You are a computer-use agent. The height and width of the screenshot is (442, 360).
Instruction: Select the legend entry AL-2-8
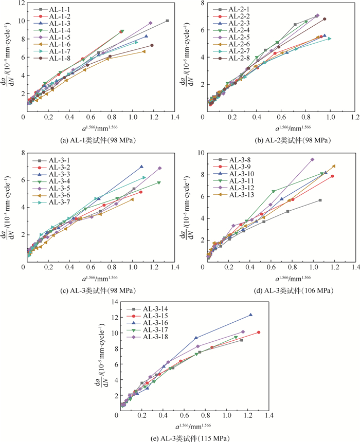(x=228, y=58)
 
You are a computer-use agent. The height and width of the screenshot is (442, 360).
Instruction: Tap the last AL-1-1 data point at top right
(x=167, y=21)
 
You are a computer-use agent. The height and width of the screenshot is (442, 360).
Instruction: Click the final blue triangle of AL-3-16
(x=250, y=315)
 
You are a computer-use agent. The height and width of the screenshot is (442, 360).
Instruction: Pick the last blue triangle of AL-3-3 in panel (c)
(x=141, y=167)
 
